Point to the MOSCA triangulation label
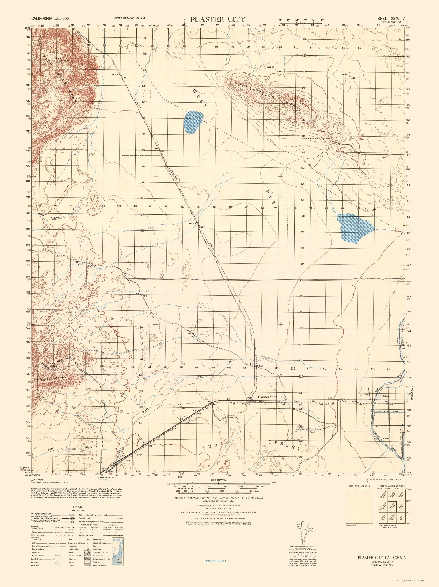click(x=270, y=67)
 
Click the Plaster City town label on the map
click(x=267, y=397)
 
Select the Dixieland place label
click(x=384, y=396)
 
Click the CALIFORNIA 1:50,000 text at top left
click(x=50, y=19)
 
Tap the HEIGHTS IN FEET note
click(x=216, y=569)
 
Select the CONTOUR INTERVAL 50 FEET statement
click(x=219, y=498)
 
